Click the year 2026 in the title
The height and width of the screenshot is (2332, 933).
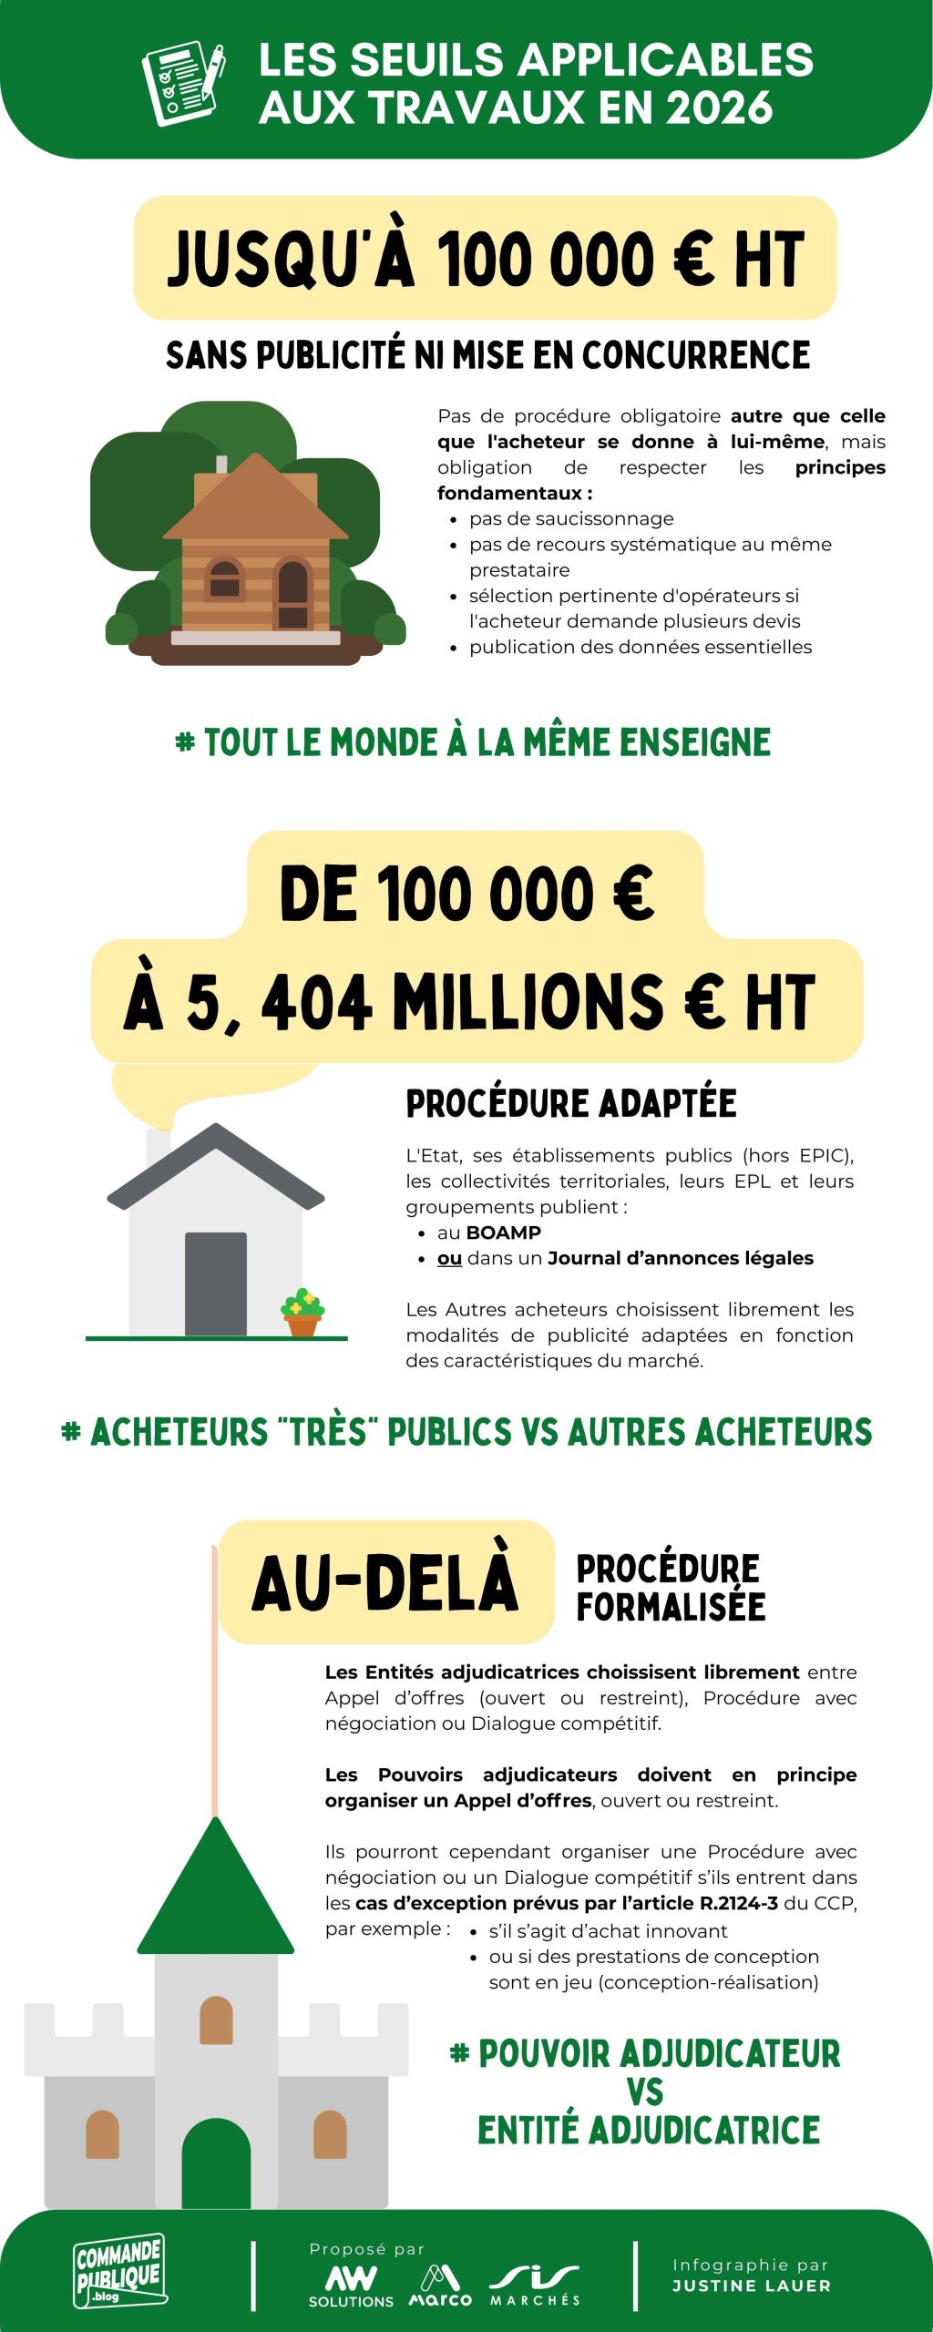720,108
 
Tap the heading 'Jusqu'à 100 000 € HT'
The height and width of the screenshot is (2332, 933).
485,259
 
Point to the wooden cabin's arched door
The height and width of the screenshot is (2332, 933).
292,593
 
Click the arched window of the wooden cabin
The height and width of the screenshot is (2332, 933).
225,579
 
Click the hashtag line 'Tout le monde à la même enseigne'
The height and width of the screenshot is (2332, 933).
473,742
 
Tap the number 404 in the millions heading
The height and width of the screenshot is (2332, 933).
316,1003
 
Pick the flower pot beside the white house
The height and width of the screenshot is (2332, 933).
302,1314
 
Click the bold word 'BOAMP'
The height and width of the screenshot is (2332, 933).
504,1232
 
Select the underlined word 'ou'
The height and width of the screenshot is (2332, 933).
449,1258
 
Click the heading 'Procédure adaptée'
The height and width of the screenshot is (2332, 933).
571,1103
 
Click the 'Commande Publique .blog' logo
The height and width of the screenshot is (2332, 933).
119,2271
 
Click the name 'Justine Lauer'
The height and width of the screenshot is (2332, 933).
752,2286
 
